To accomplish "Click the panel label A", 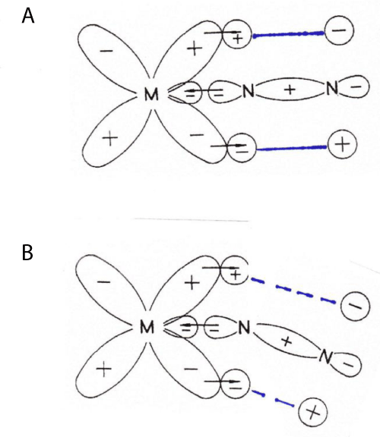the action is (28, 16).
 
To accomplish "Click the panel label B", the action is (27, 253).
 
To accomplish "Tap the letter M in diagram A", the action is (151, 94).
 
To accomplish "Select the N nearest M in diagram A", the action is (249, 91).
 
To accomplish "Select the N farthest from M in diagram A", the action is (331, 88).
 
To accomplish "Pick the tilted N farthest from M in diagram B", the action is (325, 357).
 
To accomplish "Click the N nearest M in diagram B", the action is (244, 328).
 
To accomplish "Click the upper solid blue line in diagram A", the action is (289, 35).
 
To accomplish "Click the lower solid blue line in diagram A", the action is (292, 148).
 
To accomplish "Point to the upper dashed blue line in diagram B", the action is (293, 290).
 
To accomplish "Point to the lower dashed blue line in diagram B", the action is (273, 398).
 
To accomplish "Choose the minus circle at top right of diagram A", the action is (340, 30).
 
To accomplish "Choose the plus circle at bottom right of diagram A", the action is (342, 144).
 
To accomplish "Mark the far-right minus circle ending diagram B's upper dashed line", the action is (355, 306).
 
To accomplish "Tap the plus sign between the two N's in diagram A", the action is (290, 90).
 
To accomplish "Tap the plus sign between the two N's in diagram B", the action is (287, 341).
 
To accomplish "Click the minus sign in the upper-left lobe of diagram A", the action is (106, 51).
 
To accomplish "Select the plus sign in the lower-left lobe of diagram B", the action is (103, 369).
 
